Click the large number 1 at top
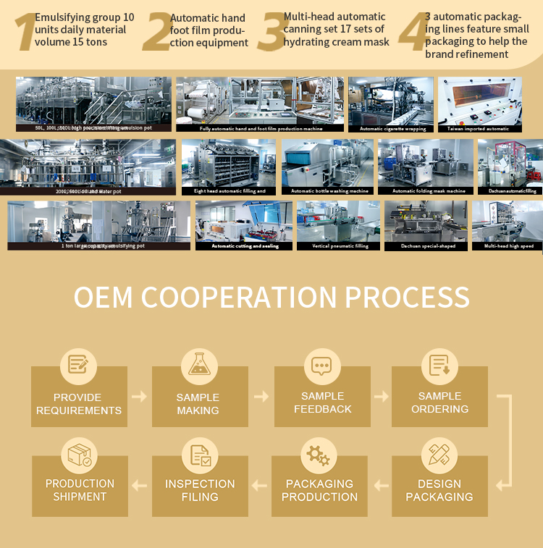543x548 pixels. [x=25, y=33]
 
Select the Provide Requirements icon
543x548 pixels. [x=78, y=363]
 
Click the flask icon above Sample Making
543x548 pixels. [x=199, y=363]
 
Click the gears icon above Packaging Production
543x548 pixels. [x=319, y=455]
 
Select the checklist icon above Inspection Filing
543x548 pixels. [x=200, y=455]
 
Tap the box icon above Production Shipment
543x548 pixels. [x=79, y=455]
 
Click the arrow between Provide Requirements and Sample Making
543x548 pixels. [x=139, y=397]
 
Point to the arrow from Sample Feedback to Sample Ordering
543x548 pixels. [x=381, y=397]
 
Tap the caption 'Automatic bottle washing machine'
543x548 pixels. [x=329, y=191]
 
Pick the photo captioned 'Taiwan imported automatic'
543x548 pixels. [x=479, y=101]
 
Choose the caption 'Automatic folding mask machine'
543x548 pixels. [x=429, y=191]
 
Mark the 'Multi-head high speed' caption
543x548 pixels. [x=508, y=246]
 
